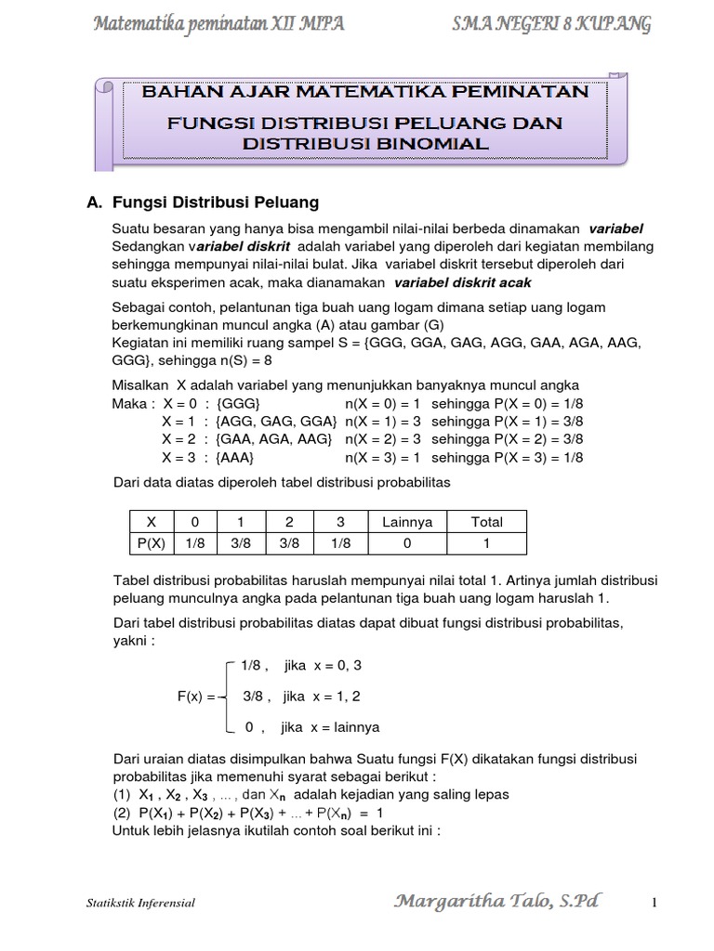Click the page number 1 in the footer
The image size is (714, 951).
(654, 902)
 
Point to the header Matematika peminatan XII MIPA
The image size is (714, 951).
(220, 24)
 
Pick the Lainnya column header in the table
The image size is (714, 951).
(407, 522)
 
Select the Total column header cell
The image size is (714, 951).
(486, 522)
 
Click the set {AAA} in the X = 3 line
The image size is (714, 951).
(234, 459)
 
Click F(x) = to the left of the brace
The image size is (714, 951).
(197, 696)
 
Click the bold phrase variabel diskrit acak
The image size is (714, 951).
(463, 283)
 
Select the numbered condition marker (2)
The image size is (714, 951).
(122, 812)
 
